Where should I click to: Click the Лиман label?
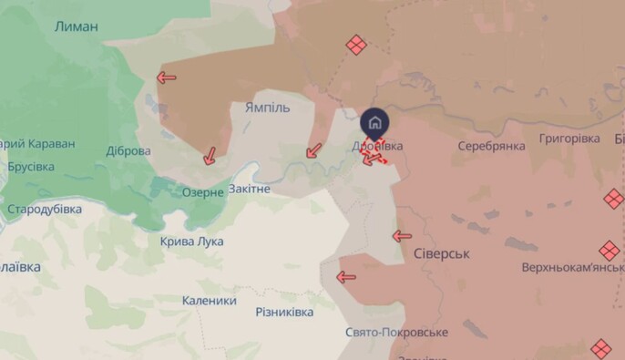point(77,26)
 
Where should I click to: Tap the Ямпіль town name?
point(267,108)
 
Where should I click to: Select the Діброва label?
point(128,150)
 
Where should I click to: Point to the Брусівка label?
point(30,167)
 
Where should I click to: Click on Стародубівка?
point(45,209)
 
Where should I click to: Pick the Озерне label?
point(202,192)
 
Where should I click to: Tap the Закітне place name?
point(250,189)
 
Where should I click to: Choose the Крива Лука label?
point(191,242)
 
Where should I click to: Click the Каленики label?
point(209,301)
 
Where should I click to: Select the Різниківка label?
point(284,312)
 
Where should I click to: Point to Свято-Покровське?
point(396,333)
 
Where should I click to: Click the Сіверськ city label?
point(442,253)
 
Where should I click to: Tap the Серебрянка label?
point(492,146)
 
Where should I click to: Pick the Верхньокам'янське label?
point(572,269)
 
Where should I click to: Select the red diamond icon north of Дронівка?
point(356,45)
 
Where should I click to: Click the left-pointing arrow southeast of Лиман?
point(166,77)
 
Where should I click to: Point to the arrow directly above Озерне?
point(210,156)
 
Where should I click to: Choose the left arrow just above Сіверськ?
point(402,236)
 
